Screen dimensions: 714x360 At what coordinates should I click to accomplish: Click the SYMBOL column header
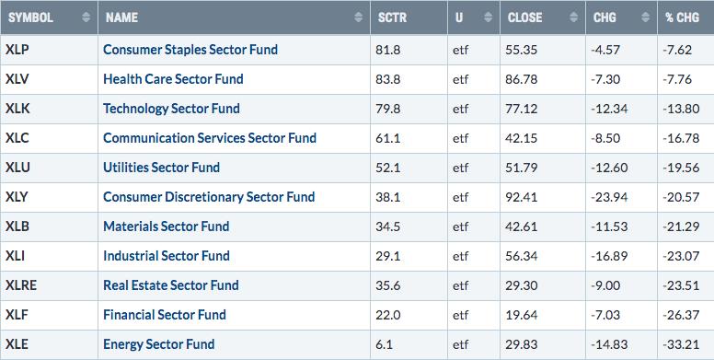tap(30, 17)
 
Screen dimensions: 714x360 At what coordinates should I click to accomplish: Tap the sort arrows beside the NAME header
tap(358, 17)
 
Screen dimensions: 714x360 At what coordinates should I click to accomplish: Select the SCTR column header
tap(393, 17)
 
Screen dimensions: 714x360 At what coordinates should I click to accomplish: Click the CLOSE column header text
tap(524, 17)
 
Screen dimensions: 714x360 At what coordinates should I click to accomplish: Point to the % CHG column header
tap(682, 17)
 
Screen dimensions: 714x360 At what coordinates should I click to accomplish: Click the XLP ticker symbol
tap(17, 50)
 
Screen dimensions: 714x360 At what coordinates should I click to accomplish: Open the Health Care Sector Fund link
tap(173, 79)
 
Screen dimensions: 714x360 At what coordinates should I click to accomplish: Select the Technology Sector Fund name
tap(171, 109)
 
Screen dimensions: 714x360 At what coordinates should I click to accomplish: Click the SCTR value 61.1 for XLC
tap(388, 138)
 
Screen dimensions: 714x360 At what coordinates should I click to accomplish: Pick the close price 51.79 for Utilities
tap(521, 168)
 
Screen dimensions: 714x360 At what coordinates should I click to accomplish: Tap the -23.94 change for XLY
tap(609, 197)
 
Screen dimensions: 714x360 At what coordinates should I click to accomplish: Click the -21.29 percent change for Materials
tap(681, 226)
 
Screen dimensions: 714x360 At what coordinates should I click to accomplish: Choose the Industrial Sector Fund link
tap(167, 256)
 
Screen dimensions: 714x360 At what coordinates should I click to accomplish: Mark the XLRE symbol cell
tap(21, 285)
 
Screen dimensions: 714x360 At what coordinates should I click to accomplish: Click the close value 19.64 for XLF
tap(521, 315)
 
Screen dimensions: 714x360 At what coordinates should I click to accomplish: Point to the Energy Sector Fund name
tap(159, 344)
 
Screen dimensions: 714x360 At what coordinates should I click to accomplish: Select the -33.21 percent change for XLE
tap(681, 344)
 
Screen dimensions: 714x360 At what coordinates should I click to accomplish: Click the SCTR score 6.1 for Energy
tap(384, 344)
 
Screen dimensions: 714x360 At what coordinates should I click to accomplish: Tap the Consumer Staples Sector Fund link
tap(190, 50)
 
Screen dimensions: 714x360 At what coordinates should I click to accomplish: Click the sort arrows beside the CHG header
tap(645, 17)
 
